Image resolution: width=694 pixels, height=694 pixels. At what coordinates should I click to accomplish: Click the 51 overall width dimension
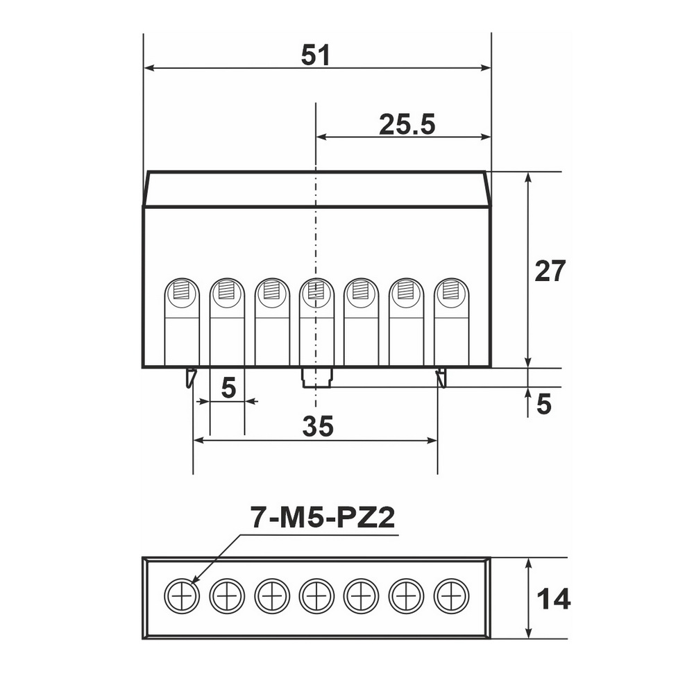coord(316,56)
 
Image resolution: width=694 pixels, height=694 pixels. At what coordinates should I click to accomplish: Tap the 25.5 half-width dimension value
coord(407,124)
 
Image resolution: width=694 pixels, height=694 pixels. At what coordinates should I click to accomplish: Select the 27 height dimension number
coord(550,271)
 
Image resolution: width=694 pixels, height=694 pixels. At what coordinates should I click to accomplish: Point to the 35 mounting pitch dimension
coord(318,426)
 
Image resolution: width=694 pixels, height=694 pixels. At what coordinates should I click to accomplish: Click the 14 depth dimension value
coord(553,600)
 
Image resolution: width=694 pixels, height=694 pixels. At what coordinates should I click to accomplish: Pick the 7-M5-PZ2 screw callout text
coord(323,517)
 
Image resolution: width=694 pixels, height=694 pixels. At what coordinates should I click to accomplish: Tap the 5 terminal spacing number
coord(228,389)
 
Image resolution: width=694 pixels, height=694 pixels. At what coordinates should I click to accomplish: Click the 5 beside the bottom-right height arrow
coord(544,404)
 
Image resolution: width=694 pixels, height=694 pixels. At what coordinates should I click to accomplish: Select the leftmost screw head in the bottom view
coord(182,595)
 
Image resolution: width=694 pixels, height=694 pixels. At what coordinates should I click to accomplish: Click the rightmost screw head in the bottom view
coord(452,595)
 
